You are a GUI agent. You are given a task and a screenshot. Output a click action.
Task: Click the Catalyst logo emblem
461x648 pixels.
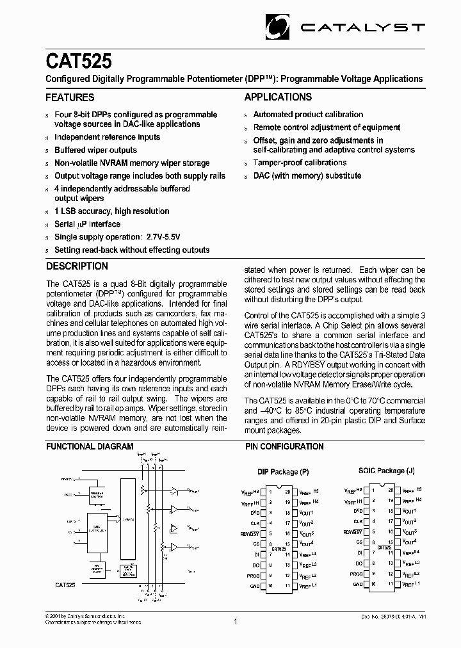279,26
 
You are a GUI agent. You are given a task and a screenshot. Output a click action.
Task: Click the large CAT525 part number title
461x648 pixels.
78,61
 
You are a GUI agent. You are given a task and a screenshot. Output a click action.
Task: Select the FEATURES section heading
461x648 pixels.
70,98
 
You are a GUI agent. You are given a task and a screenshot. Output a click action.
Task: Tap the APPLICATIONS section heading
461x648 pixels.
279,97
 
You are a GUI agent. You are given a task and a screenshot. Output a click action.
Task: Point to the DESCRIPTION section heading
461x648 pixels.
77,266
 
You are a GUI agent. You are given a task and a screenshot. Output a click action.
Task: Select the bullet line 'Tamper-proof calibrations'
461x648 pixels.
300,163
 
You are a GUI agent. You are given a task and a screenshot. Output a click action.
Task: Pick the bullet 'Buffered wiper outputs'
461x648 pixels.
95,150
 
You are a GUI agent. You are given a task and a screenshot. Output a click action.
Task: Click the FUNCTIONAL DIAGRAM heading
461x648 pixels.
90,446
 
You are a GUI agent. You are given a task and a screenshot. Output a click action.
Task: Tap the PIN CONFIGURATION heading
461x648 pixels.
284,446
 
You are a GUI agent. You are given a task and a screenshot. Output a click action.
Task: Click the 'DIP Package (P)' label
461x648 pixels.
283,472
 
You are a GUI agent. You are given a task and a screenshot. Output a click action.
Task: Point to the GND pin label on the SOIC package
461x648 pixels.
357,585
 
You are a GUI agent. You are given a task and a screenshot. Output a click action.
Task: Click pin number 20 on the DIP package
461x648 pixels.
287,492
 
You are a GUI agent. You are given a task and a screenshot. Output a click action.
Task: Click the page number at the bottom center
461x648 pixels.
235,621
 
